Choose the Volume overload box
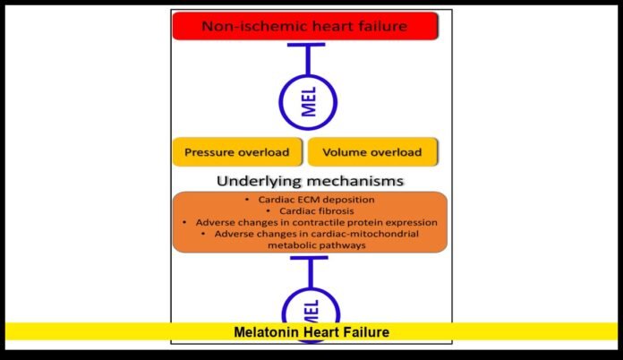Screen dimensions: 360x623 click(x=372, y=152)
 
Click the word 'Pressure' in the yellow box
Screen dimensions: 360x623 click(x=210, y=152)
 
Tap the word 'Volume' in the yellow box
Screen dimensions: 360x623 click(x=346, y=152)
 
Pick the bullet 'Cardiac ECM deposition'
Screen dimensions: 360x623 click(x=309, y=198)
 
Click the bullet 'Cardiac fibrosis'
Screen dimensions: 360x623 click(x=309, y=210)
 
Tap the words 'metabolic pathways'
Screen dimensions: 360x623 click(x=309, y=245)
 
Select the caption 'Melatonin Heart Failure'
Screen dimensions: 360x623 click(x=311, y=332)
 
